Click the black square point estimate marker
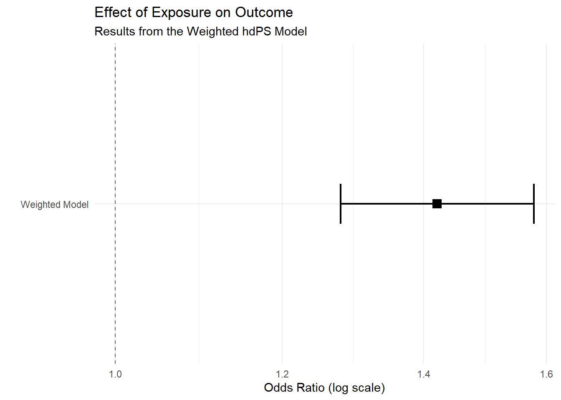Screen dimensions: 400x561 tap(437, 204)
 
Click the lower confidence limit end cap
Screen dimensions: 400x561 tap(341, 204)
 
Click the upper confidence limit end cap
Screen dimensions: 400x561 tap(534, 204)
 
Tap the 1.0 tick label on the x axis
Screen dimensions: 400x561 tap(115, 374)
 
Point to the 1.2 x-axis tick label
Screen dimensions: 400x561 tap(283, 374)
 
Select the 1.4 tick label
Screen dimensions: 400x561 tap(424, 374)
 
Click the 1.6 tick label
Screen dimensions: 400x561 tap(546, 374)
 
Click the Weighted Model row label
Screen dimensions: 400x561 tap(55, 205)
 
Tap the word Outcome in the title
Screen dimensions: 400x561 tap(264, 12)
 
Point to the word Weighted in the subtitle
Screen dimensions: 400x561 tap(212, 32)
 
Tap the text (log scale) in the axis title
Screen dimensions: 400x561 tap(356, 388)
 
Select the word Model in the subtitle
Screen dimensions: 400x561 tap(291, 32)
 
